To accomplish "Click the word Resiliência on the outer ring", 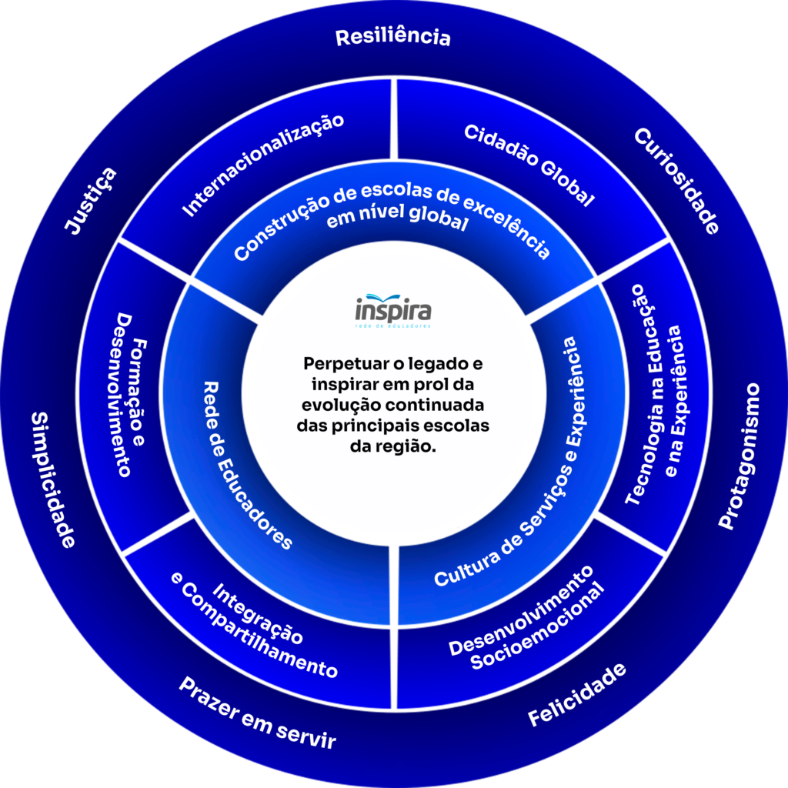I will tap(392, 36).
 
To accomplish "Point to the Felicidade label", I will tap(576, 695).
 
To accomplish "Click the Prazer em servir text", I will tap(257, 714).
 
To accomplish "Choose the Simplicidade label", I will tap(52, 479).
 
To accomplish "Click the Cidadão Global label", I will tap(529, 165).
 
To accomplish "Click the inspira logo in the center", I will tap(393, 310).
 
